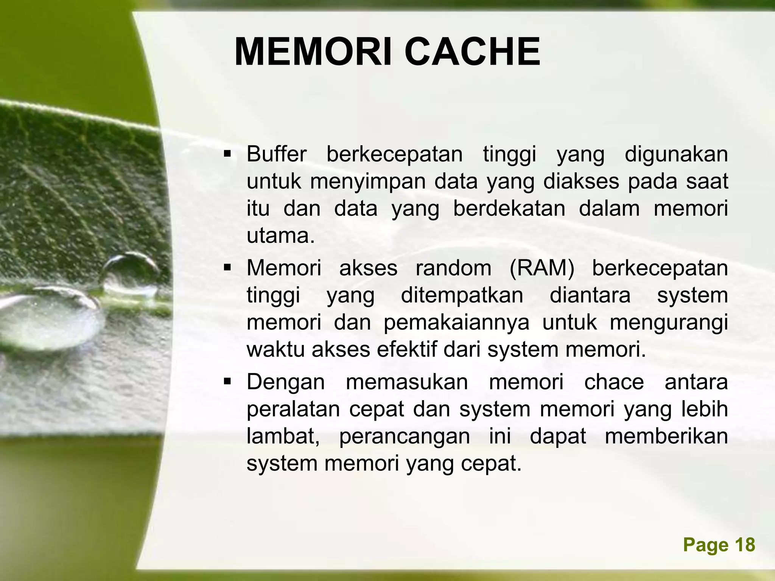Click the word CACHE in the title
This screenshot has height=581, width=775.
[472, 53]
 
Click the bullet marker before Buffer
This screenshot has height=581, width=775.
[227, 154]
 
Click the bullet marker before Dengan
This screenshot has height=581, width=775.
[227, 381]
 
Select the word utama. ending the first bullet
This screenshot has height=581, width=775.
[281, 236]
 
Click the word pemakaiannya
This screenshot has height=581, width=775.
[456, 323]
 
